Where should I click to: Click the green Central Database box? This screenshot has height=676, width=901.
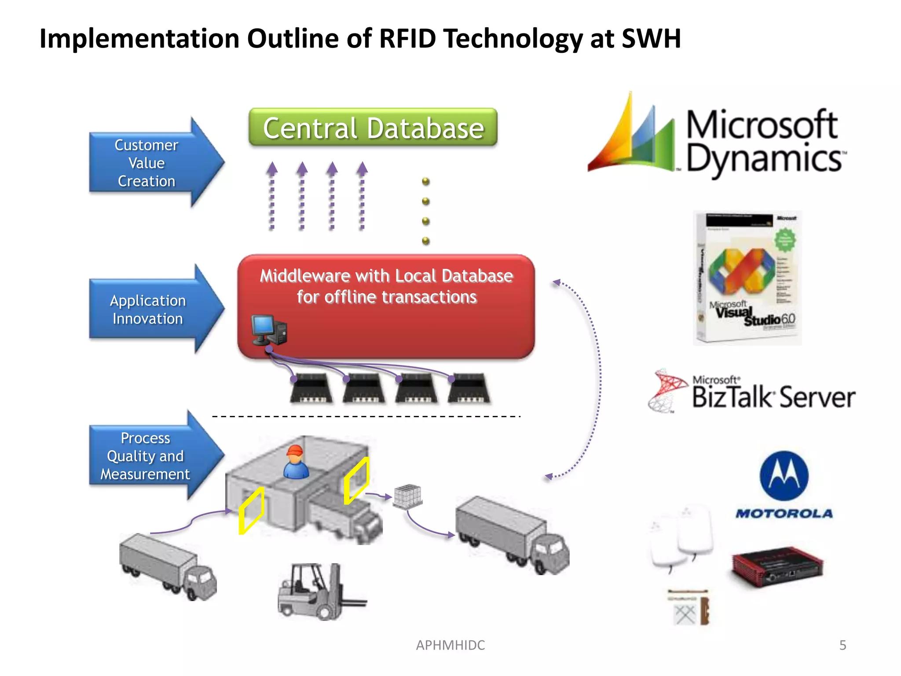pyautogui.click(x=373, y=128)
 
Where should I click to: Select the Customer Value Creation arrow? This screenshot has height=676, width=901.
pyautogui.click(x=150, y=163)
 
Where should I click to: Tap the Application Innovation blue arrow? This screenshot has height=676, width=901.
pyautogui.click(x=150, y=309)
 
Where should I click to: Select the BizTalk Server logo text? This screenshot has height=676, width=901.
pyautogui.click(x=773, y=396)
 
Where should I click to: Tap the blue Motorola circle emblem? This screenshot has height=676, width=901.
pyautogui.click(x=784, y=476)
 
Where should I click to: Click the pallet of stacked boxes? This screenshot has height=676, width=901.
pyautogui.click(x=408, y=496)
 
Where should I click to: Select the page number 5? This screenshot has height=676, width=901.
pyautogui.click(x=842, y=645)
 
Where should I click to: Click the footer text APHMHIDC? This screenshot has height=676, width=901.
pyautogui.click(x=450, y=645)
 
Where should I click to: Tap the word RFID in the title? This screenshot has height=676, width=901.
pyautogui.click(x=407, y=38)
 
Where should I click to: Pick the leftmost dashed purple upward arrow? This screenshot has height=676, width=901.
pyautogui.click(x=272, y=196)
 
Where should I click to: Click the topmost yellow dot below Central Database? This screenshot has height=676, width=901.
pyautogui.click(x=426, y=181)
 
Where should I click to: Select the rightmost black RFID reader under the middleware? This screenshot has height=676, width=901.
pyautogui.click(x=469, y=388)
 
